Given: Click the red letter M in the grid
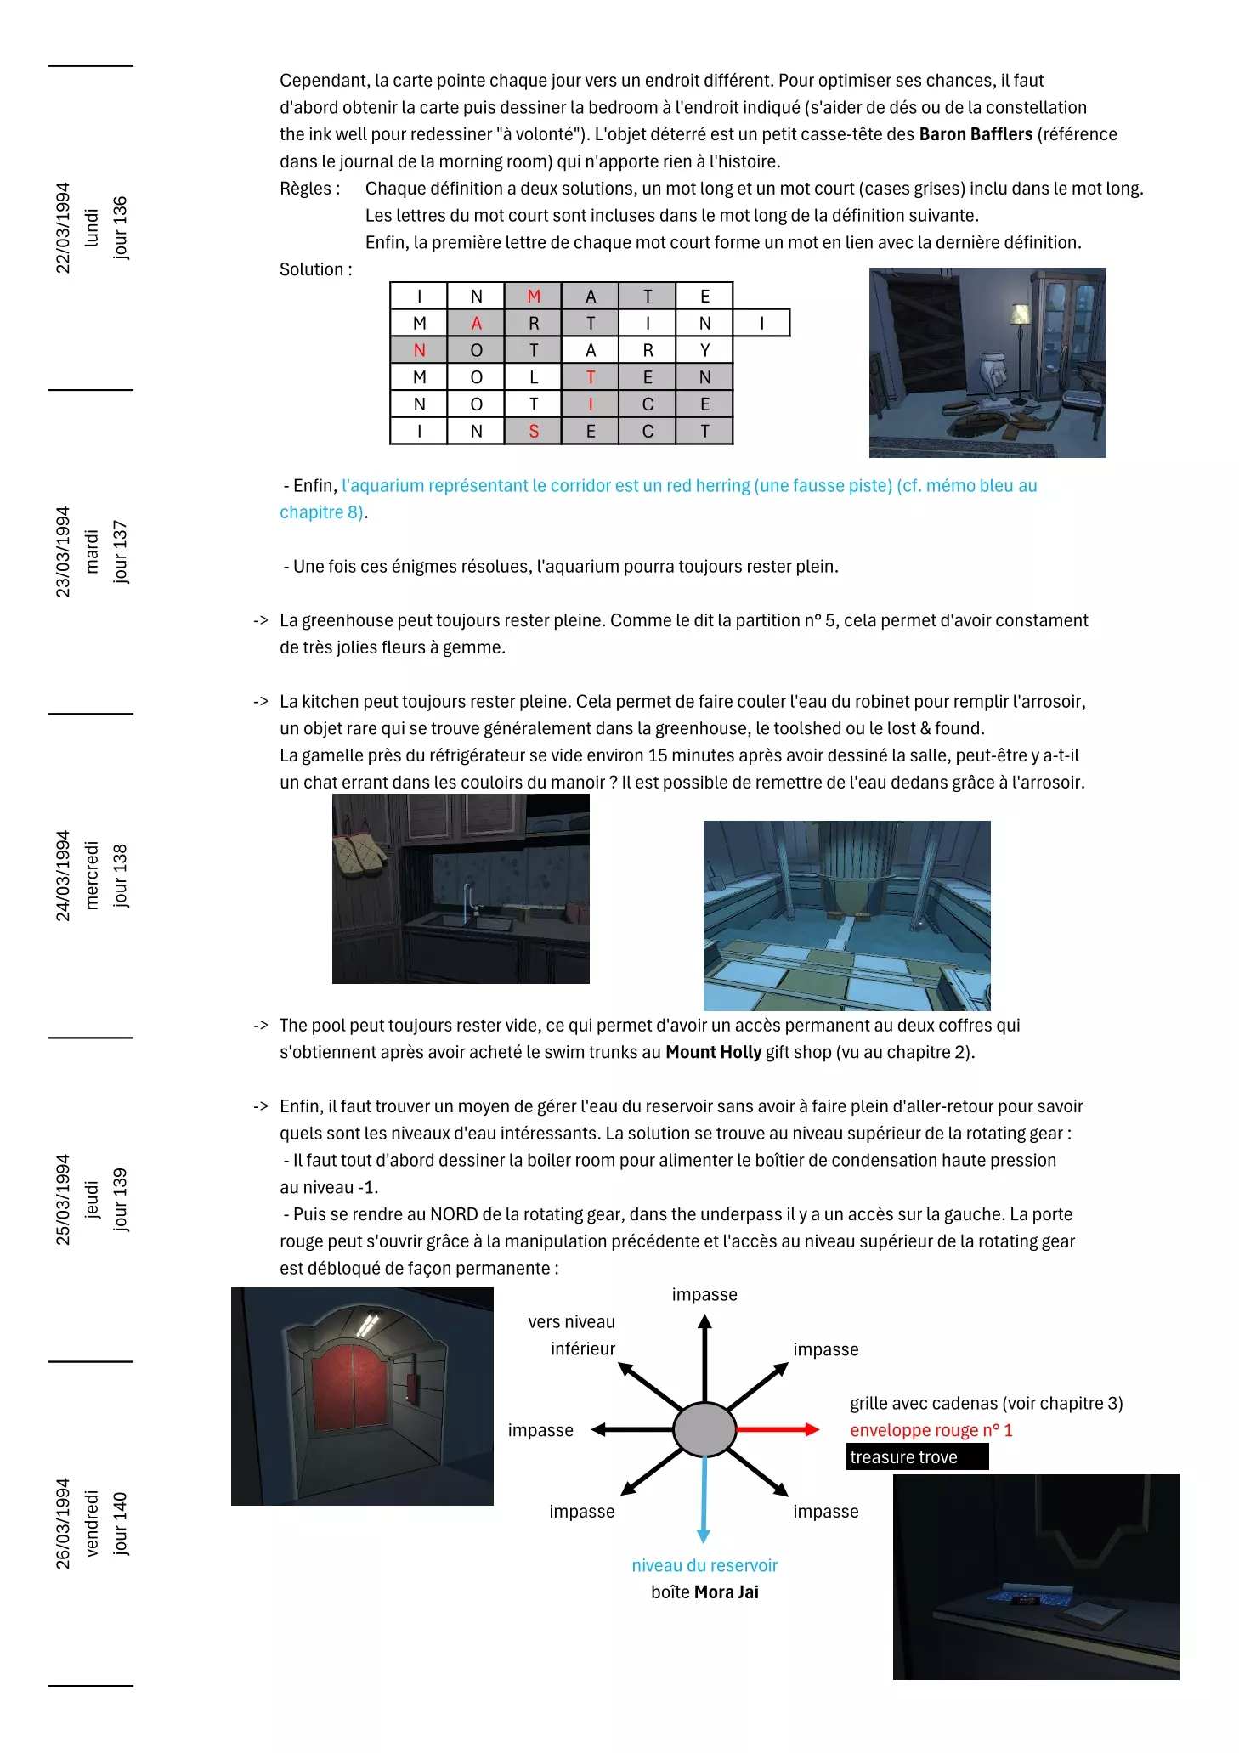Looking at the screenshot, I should point(533,296).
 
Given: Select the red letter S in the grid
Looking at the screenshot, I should point(533,431).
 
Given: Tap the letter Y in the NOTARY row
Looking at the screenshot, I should point(704,350).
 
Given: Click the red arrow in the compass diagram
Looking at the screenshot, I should point(777,1429).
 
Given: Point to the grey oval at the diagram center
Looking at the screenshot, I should point(704,1429).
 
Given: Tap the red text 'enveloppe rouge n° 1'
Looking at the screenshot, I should point(931,1430).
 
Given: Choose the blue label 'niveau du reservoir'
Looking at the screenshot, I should point(704,1565).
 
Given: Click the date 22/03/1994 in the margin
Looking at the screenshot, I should point(63,228).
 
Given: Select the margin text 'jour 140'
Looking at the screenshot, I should point(120,1524).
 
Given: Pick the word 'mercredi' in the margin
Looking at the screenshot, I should point(92,875).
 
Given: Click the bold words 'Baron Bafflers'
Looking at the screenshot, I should point(976,134).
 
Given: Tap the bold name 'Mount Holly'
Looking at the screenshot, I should point(713,1052).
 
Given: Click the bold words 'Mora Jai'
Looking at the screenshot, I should point(726,1592).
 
